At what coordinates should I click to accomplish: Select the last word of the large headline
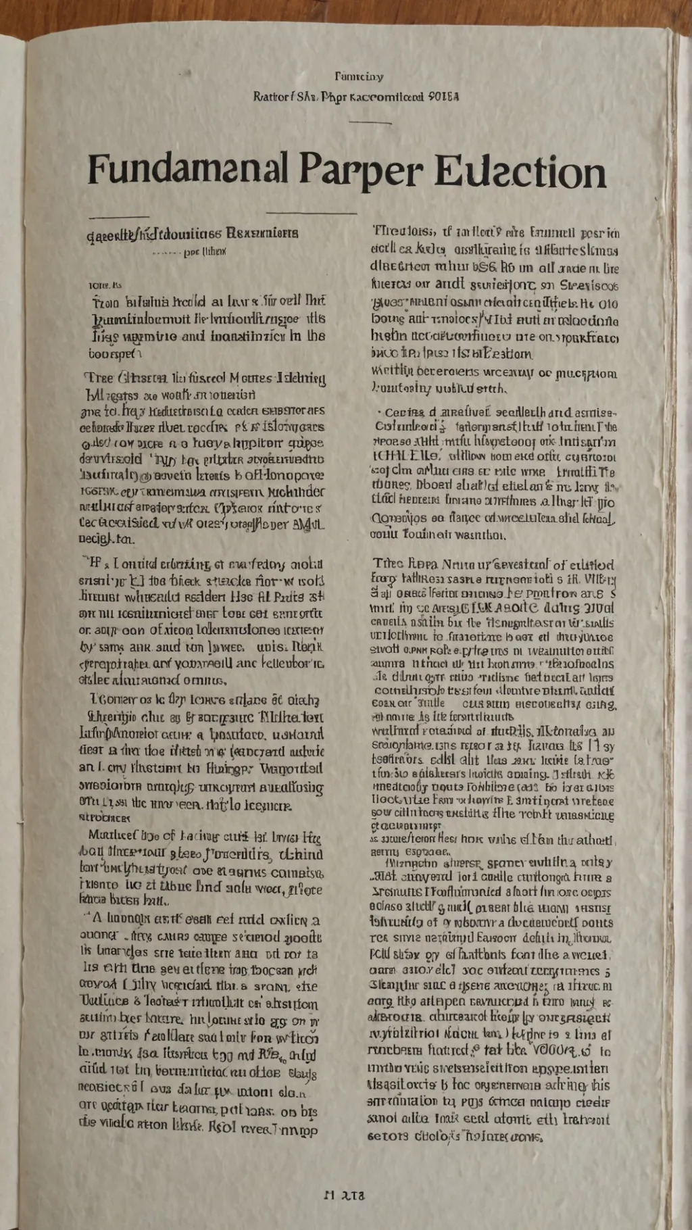coord(520,172)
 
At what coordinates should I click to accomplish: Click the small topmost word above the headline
coord(359,77)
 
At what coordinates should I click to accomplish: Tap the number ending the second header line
coord(444,97)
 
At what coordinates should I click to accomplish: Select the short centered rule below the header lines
coord(370,122)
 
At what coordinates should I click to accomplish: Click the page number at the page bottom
coord(345,1195)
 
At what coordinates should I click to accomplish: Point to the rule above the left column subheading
coord(118,218)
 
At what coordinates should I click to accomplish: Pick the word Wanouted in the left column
coord(292,768)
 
